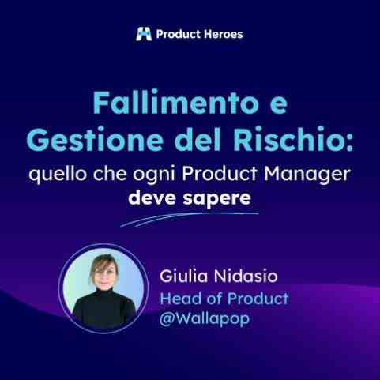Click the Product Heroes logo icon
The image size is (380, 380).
click(x=144, y=34)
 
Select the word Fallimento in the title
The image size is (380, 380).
click(x=175, y=103)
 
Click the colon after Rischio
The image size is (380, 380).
click(x=349, y=144)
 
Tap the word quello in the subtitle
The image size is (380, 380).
click(x=58, y=175)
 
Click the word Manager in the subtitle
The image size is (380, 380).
click(x=307, y=175)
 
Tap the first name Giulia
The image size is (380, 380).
click(x=183, y=276)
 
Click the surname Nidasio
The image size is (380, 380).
click(x=246, y=277)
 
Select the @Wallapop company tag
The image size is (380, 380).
click(x=205, y=318)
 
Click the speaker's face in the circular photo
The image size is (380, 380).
click(x=104, y=274)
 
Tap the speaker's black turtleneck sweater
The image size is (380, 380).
click(x=104, y=310)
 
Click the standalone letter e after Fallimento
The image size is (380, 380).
click(x=279, y=107)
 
